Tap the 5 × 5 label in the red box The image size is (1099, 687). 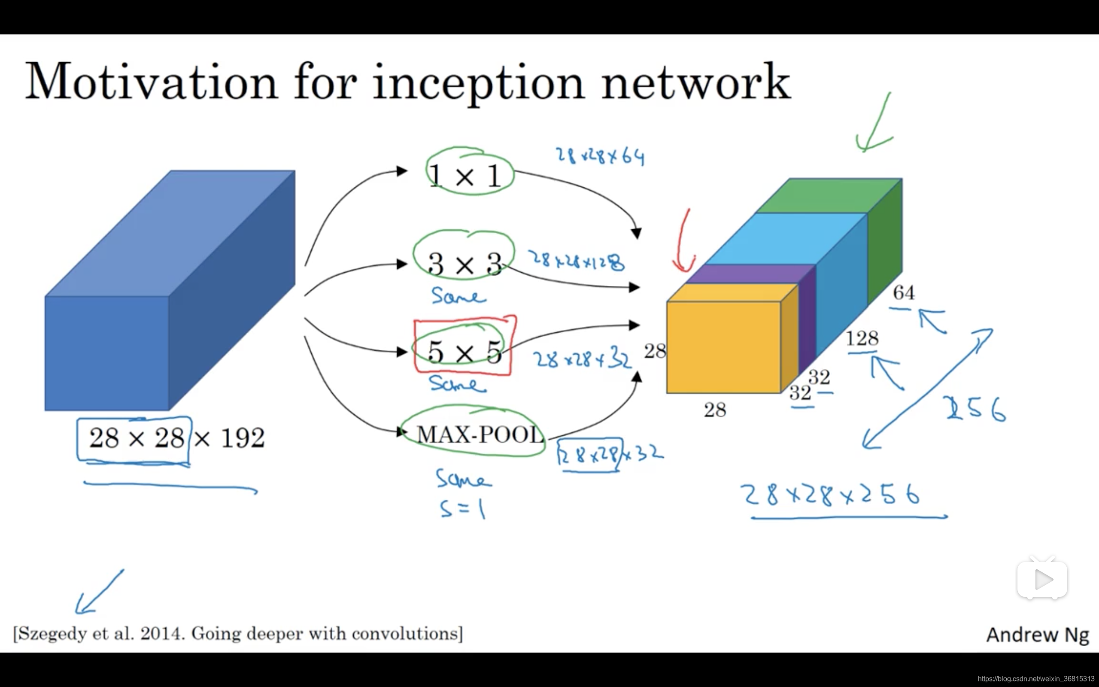pyautogui.click(x=464, y=351)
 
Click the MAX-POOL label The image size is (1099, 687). pyautogui.click(x=480, y=435)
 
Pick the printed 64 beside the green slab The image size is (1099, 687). pyautogui.click(x=903, y=292)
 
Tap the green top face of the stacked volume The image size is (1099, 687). pyautogui.click(x=829, y=195)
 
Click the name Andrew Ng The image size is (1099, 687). pyautogui.click(x=1037, y=635)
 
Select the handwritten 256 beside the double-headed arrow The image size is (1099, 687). pyautogui.click(x=976, y=409)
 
